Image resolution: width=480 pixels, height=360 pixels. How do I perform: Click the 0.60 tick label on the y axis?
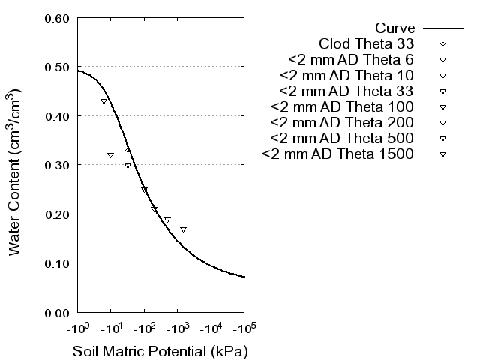pyautogui.click(x=58, y=18)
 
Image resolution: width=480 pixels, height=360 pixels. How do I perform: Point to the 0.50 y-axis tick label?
pyautogui.click(x=58, y=67)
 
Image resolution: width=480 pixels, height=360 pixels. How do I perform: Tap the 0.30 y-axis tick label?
pyautogui.click(x=58, y=165)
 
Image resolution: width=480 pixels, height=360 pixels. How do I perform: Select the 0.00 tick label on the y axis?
pyautogui.click(x=58, y=312)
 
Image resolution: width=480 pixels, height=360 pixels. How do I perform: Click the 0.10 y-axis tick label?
pyautogui.click(x=58, y=263)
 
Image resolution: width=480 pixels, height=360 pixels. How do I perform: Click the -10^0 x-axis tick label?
pyautogui.click(x=77, y=328)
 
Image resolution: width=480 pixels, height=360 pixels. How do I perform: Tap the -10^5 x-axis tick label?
pyautogui.click(x=244, y=328)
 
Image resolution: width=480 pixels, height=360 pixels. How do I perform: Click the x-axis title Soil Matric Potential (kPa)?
pyautogui.click(x=160, y=351)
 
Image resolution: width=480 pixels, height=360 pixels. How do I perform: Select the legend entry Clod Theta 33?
pyautogui.click(x=367, y=43)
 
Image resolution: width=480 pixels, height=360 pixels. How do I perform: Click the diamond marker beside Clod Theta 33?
pyautogui.click(x=442, y=43)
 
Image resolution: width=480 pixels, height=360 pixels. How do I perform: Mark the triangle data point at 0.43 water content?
pyautogui.click(x=103, y=101)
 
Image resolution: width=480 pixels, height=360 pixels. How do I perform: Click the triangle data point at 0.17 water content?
pyautogui.click(x=183, y=229)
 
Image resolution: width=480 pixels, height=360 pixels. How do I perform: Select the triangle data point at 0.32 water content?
pyautogui.click(x=111, y=155)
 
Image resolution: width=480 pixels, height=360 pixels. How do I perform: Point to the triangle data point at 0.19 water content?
pyautogui.click(x=167, y=220)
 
